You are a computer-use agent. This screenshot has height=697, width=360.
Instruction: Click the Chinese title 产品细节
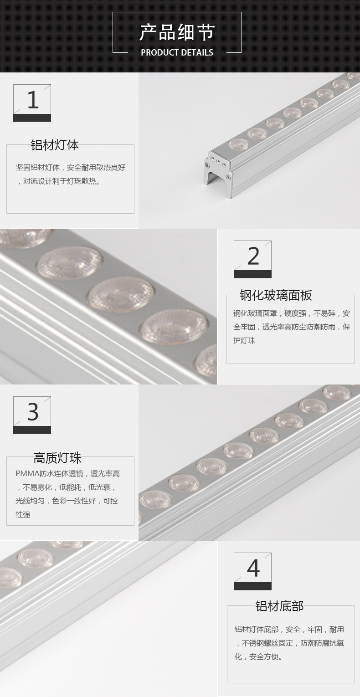177,32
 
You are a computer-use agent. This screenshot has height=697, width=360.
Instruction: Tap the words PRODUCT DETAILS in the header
177,52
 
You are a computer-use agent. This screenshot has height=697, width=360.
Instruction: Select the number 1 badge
32,103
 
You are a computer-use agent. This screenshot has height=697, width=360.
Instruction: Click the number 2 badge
252,259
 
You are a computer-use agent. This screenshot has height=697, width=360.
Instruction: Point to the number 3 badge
32,415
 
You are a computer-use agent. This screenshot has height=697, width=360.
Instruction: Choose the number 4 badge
252,571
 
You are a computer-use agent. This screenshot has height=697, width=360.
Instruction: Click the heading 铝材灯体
55,145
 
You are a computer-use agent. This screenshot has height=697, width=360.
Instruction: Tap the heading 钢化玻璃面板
276,295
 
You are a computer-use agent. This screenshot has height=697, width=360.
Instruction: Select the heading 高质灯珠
57,458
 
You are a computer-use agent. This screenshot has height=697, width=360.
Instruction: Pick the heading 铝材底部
279,606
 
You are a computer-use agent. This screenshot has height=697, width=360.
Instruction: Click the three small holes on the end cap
218,162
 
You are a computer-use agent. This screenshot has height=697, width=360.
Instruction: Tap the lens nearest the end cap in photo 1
239,144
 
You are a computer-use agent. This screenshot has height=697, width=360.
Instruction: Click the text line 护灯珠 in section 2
244,340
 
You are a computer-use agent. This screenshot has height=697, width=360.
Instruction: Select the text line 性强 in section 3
23,514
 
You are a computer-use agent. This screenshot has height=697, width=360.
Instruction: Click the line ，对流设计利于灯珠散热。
59,181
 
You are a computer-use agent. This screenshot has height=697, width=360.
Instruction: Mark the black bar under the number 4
252,586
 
